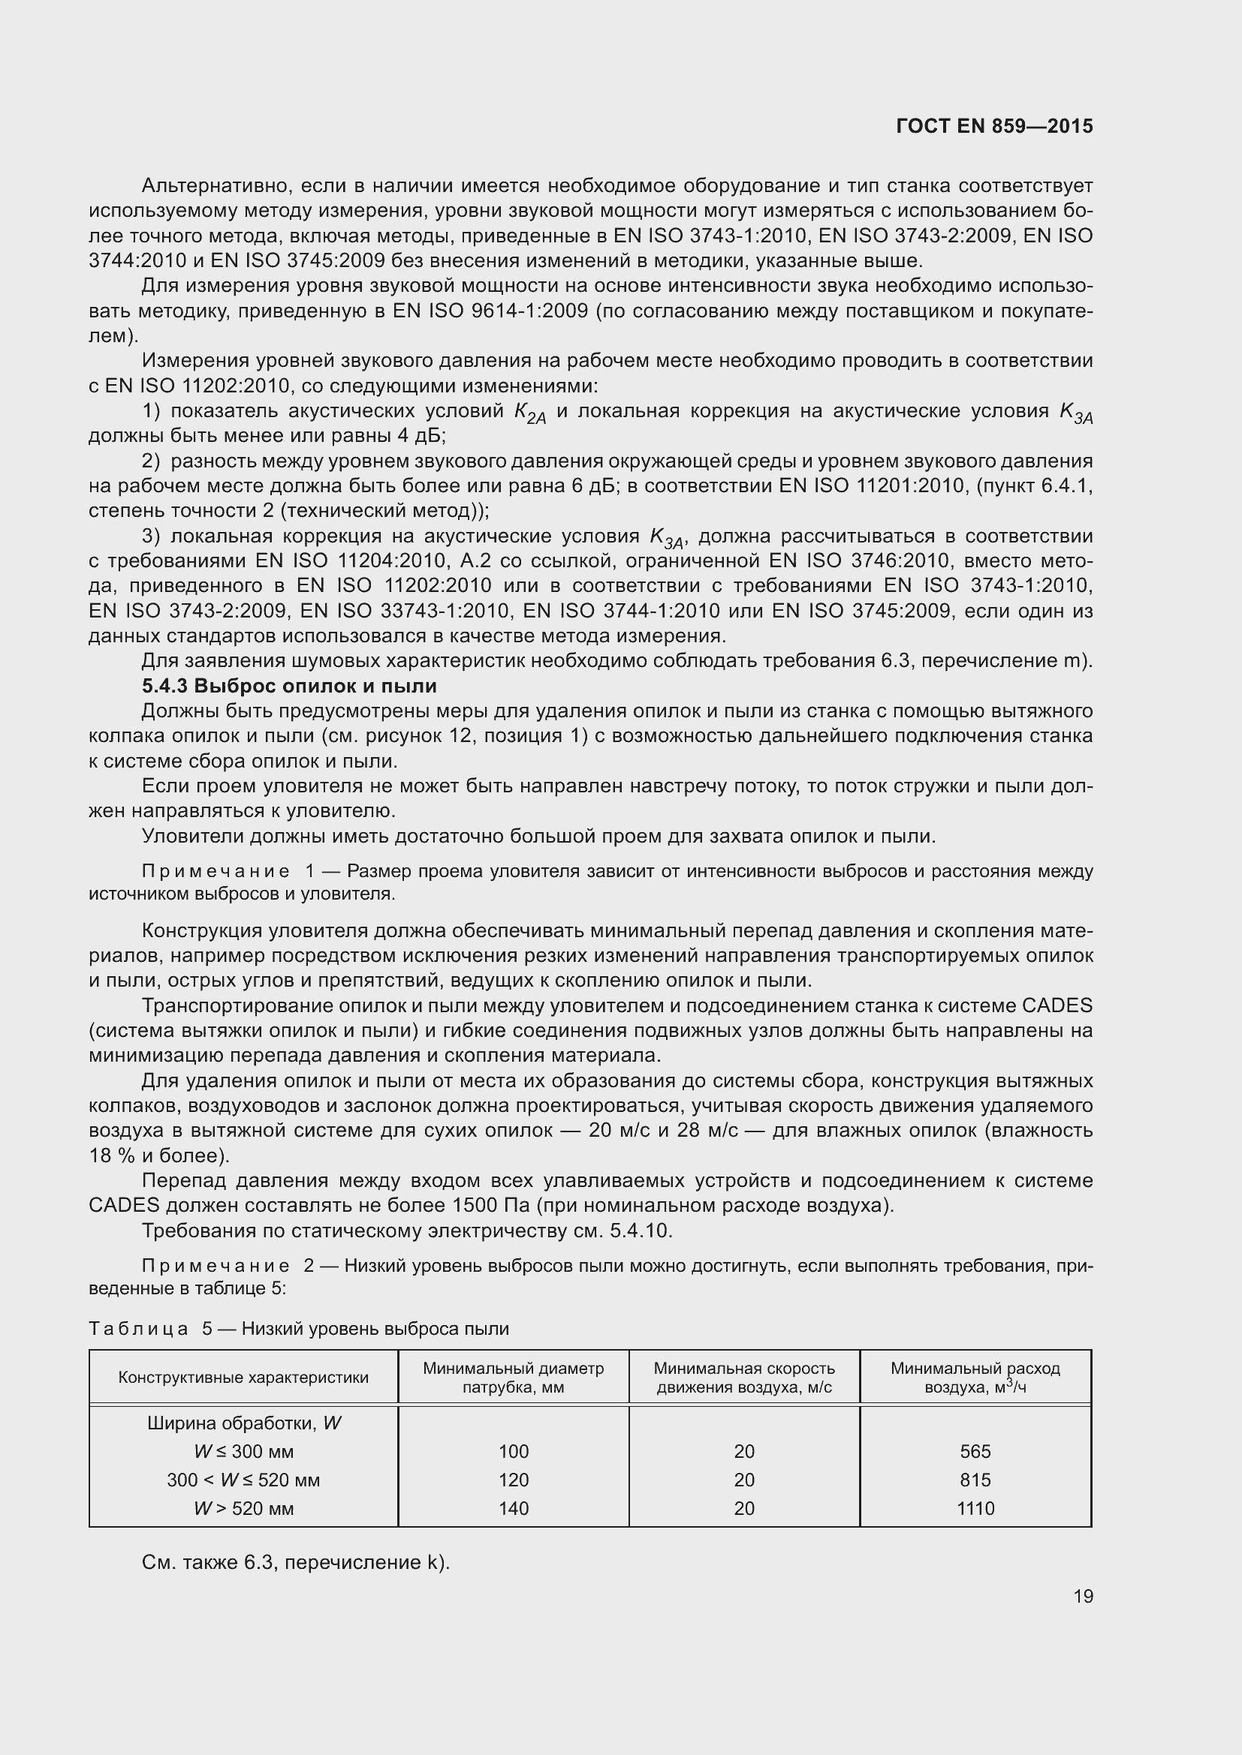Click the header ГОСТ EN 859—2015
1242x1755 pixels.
(x=993, y=126)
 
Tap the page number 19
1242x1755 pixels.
(x=1082, y=1596)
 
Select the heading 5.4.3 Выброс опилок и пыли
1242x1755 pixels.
(x=289, y=686)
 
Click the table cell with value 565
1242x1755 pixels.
(x=975, y=1452)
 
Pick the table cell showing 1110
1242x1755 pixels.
(x=975, y=1508)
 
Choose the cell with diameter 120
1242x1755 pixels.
(x=513, y=1480)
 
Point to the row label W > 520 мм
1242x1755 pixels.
(x=243, y=1508)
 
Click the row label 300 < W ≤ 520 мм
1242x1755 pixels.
(x=243, y=1480)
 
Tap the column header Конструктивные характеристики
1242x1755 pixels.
(x=243, y=1378)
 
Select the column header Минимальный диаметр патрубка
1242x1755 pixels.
(x=513, y=1378)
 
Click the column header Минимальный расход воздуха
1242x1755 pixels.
(x=975, y=1378)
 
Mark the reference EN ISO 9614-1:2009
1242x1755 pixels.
(x=490, y=311)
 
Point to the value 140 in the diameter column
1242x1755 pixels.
(x=513, y=1508)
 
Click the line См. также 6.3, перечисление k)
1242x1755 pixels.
(x=295, y=1562)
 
